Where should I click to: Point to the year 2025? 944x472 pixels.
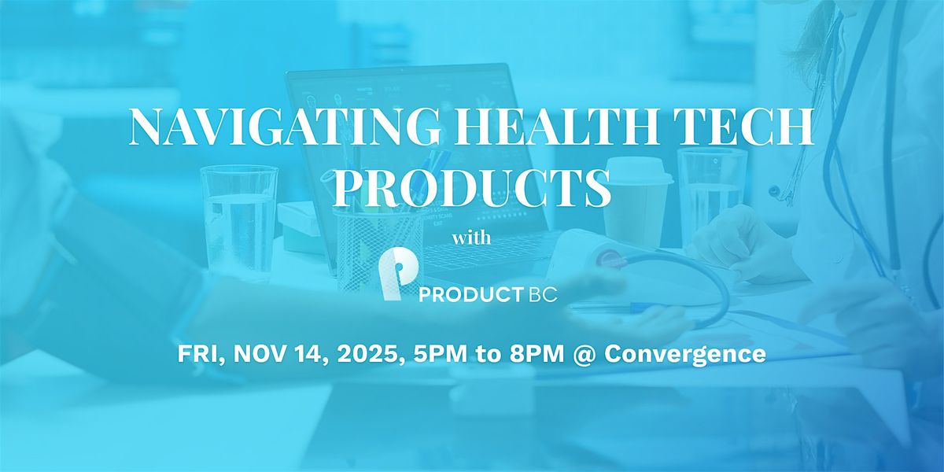point(363,354)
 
